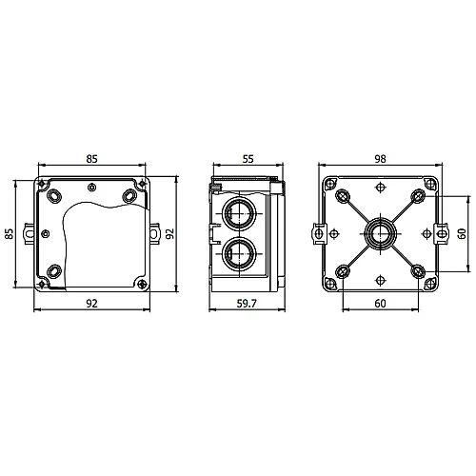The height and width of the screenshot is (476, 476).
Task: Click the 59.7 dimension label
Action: coord(247,304)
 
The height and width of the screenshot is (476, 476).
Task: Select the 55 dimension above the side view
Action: coord(248,159)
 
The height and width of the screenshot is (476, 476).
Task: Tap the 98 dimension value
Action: coord(380,159)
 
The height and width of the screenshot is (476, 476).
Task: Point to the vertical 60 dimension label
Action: coord(462,233)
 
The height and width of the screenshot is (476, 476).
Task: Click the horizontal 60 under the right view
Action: coord(380,304)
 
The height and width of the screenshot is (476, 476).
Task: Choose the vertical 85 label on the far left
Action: coord(10,233)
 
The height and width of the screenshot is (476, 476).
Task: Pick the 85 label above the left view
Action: coord(91,159)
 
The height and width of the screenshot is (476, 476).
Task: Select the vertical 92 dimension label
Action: coord(170,233)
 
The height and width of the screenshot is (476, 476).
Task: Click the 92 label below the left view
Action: coord(91,304)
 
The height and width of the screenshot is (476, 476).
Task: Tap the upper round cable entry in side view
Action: coord(239,213)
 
